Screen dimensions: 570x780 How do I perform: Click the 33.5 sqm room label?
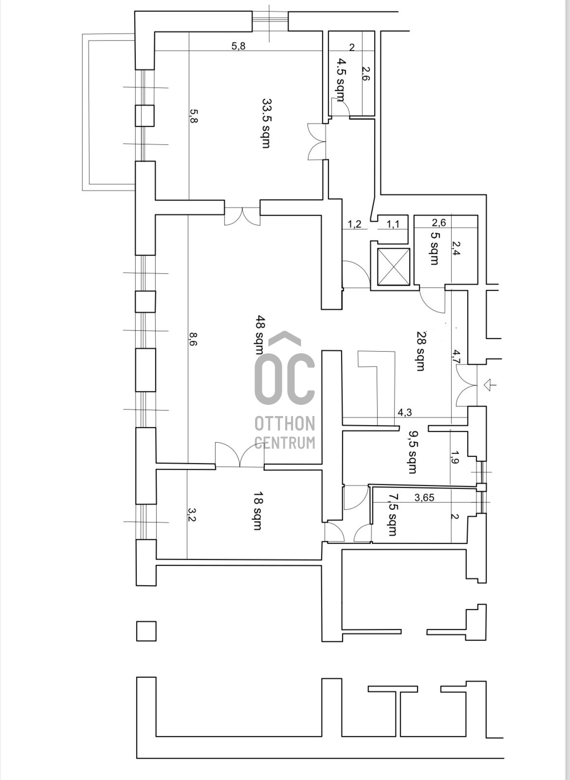pos(266,123)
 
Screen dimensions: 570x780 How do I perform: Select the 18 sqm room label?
pos(257,511)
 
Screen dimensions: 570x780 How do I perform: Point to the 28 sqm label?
pos(421,351)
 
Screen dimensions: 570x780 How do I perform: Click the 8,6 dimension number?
pos(193,340)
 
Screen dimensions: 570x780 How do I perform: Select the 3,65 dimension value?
pos(424,498)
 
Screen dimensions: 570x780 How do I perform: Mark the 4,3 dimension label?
pos(405,412)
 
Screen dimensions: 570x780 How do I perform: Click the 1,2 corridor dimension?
pos(354,225)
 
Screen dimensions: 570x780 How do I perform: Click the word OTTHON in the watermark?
pos(285,423)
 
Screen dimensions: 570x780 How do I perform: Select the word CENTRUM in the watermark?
pos(285,442)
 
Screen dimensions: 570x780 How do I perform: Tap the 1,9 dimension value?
pos(455,457)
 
